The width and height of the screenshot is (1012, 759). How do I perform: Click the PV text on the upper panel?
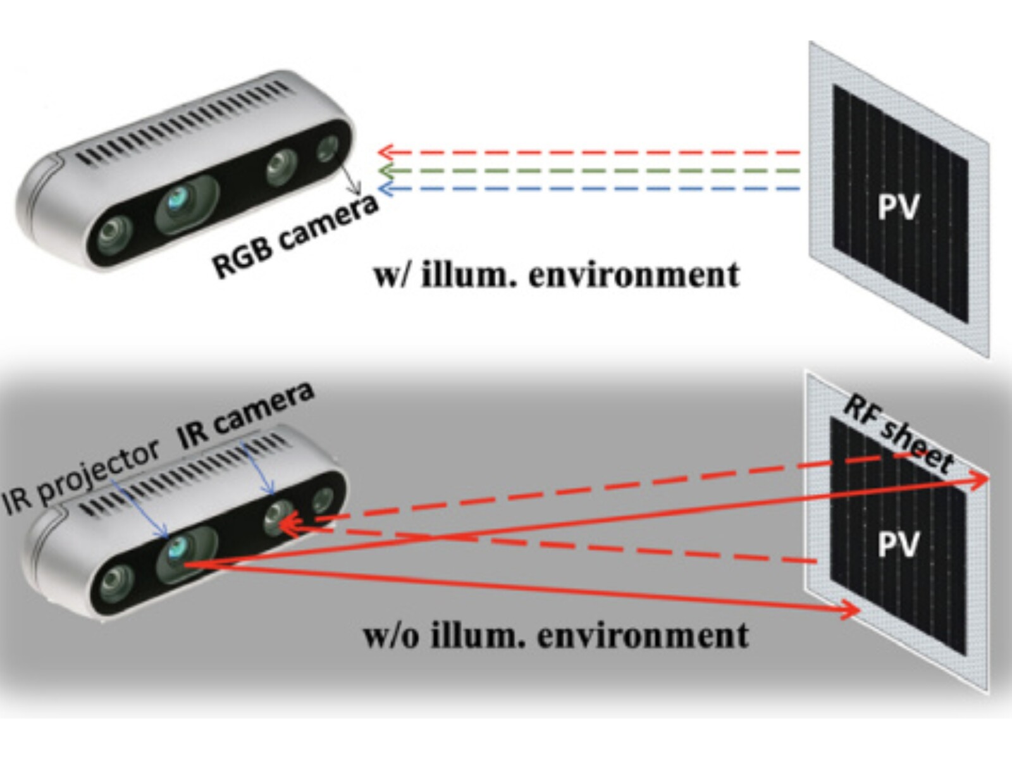tap(898, 206)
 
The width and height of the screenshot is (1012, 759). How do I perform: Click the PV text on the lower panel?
tap(898, 544)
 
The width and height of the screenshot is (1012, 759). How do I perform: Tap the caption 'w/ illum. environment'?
tap(557, 276)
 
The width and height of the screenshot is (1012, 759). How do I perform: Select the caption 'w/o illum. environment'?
tap(557, 634)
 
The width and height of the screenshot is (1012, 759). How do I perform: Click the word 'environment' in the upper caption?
tap(634, 276)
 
